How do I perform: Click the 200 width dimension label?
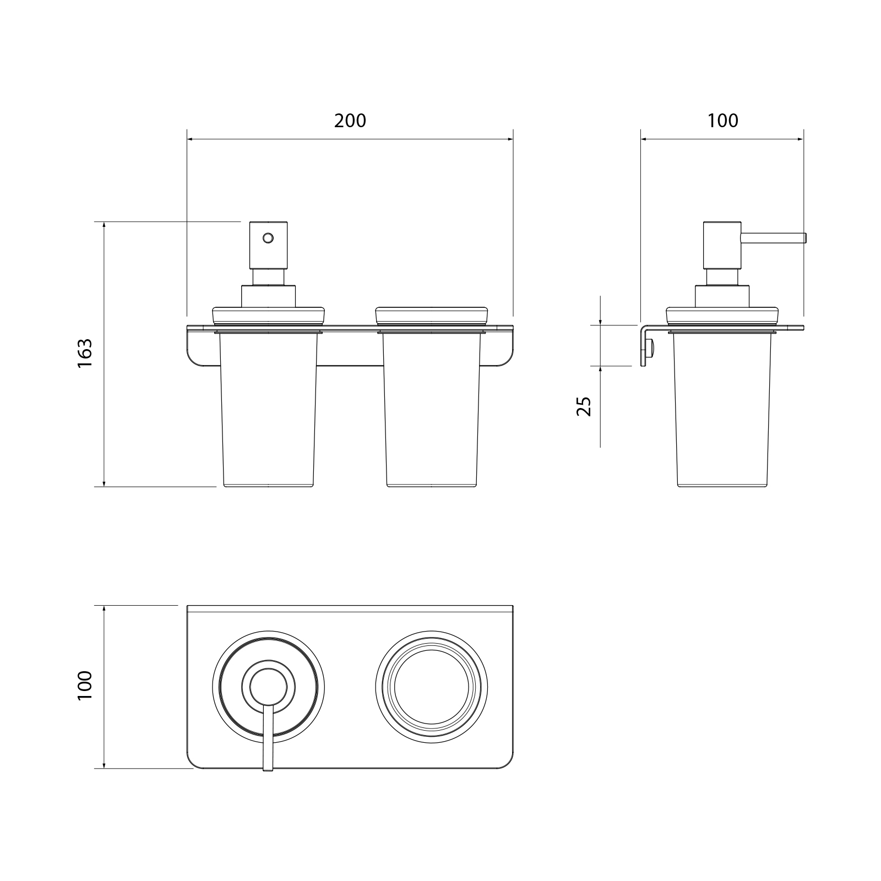tap(350, 121)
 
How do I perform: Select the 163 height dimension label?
tap(85, 354)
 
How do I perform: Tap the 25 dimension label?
tap(584, 406)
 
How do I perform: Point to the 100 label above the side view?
tap(722, 121)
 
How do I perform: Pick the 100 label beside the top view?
tap(85, 686)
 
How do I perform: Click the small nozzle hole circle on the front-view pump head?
tap(268, 238)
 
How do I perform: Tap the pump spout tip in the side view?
tap(805, 237)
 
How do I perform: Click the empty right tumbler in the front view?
tap(431, 410)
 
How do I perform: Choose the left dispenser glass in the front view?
tap(268, 410)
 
